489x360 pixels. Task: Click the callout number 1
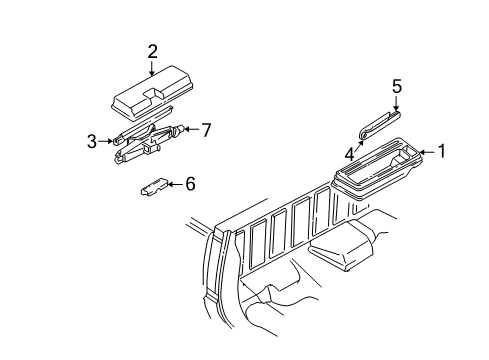point(441,154)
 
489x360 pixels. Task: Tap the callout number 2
point(152,51)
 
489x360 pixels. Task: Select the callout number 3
point(90,141)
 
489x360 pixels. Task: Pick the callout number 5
point(396,88)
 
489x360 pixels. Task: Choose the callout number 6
point(190,183)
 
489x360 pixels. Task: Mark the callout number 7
point(207,130)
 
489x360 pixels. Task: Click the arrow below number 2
point(152,68)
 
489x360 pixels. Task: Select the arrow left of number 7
point(193,130)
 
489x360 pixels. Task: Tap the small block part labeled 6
point(153,186)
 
